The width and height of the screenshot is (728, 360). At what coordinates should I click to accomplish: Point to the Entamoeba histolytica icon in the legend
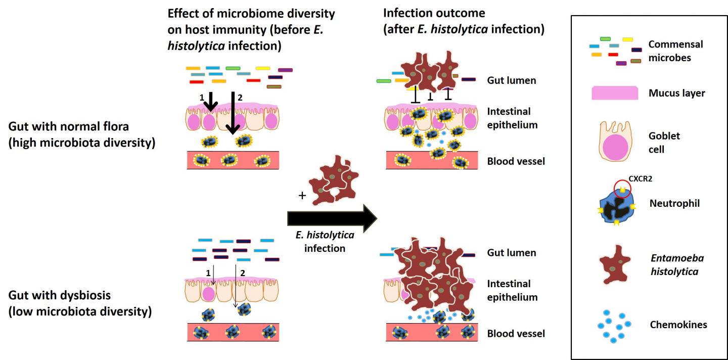tap(618, 264)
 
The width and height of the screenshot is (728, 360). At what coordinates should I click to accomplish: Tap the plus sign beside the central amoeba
tap(302, 195)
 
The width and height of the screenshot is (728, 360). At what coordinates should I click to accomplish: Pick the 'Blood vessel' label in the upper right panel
tap(516, 162)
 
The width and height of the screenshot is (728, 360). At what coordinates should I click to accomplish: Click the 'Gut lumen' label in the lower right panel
tap(511, 252)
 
